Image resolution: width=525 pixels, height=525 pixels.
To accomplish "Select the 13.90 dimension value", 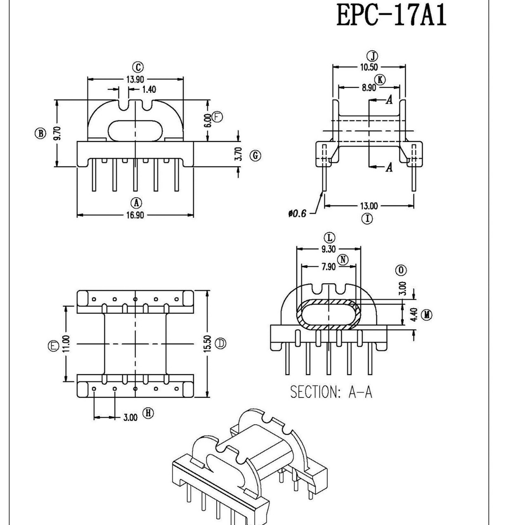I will click(135, 79).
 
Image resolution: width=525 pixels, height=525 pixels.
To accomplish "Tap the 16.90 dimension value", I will click(135, 215).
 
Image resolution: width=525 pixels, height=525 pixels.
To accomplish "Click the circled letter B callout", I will click(40, 133).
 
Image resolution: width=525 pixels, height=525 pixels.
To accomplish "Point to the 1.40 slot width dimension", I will click(149, 89).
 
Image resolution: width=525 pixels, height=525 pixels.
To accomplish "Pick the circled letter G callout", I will click(256, 156).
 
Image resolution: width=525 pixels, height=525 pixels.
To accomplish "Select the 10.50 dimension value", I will click(369, 67).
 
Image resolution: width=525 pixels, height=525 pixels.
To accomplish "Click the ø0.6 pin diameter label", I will click(298, 213).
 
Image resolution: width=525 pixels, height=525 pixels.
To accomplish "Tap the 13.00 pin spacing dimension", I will click(369, 206).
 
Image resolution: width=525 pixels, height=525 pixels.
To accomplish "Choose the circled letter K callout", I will click(380, 80).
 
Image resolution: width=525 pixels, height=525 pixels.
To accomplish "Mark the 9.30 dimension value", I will click(329, 248).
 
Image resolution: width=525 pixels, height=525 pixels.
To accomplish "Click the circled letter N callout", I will click(343, 260).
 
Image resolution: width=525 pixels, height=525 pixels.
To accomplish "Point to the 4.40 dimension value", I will click(415, 315).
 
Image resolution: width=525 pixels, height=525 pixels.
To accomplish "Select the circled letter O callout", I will click(401, 270).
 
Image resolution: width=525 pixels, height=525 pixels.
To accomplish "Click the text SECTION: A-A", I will click(331, 392).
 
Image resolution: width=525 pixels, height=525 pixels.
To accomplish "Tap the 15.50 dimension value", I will click(208, 343).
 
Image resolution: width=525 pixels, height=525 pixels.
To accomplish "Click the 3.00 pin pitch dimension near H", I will click(130, 418).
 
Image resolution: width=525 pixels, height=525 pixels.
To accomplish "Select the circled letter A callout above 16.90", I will click(136, 203).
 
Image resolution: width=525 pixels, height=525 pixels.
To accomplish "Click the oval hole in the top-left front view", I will click(135, 130).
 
